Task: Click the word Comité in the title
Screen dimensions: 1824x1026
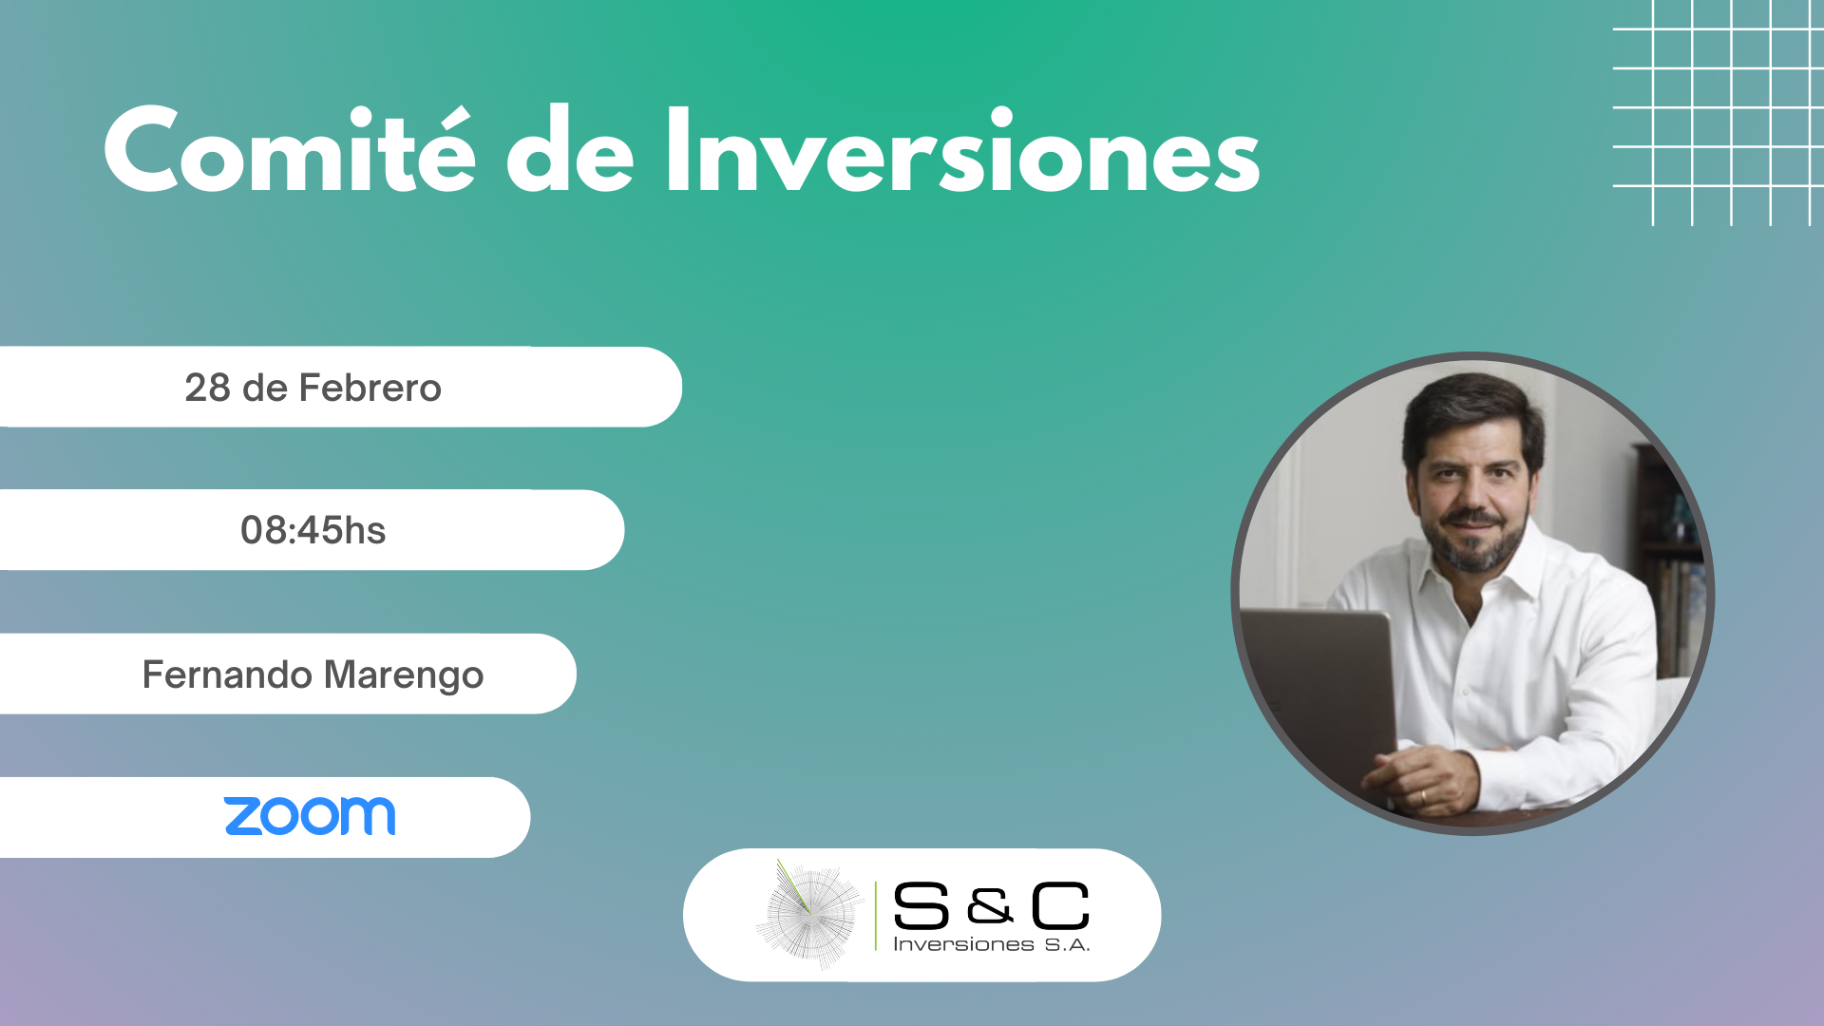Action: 289,149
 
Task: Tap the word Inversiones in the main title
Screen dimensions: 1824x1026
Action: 962,149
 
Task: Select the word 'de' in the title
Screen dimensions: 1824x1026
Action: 570,149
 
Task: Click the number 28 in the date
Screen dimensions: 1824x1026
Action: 207,388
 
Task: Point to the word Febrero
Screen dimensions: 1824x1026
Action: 370,388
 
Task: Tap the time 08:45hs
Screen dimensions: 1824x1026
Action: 313,530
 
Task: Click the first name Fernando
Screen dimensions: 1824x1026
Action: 227,674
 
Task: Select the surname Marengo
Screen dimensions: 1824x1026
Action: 404,675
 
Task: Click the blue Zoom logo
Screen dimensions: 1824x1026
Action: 310,817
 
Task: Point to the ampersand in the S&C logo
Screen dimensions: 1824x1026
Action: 990,907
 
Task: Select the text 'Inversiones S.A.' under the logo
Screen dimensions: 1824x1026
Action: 991,944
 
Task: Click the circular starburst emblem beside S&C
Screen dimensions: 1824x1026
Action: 809,915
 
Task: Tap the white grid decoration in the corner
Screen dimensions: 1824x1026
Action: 1719,113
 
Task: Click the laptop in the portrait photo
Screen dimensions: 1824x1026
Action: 1320,703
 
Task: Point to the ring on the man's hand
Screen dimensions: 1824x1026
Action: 1422,794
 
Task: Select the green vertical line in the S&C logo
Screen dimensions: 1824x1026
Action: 876,916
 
